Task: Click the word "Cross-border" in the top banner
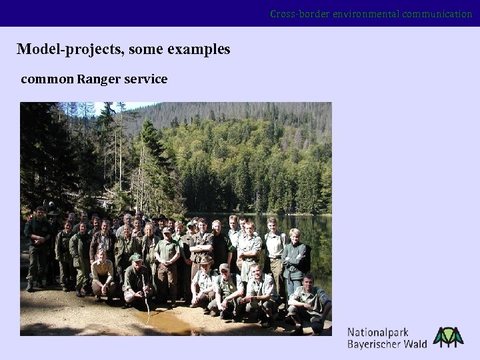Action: click(296, 14)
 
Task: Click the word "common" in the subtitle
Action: click(47, 79)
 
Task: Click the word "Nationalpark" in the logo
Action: click(378, 332)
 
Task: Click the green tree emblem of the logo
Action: click(448, 337)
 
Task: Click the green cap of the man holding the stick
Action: click(136, 257)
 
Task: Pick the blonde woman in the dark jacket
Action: click(294, 257)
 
